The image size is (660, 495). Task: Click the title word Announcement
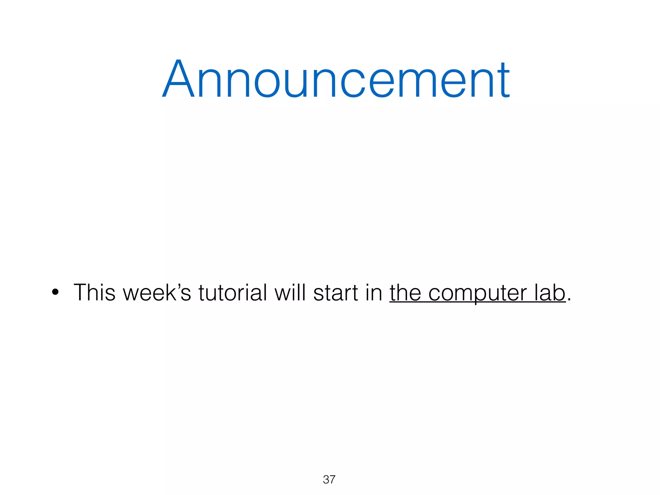point(336,79)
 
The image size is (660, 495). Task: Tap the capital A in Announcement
point(179,79)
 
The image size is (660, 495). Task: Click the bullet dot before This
point(55,292)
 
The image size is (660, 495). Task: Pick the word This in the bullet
point(94,293)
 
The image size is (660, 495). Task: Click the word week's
point(157,293)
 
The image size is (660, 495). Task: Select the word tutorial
point(233,293)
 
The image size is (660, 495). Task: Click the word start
point(335,293)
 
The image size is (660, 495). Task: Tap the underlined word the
point(405,293)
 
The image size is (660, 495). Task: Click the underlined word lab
point(550,293)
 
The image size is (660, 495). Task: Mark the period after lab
point(569,300)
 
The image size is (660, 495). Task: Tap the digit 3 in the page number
point(326,480)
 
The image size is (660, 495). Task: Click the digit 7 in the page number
point(332,480)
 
